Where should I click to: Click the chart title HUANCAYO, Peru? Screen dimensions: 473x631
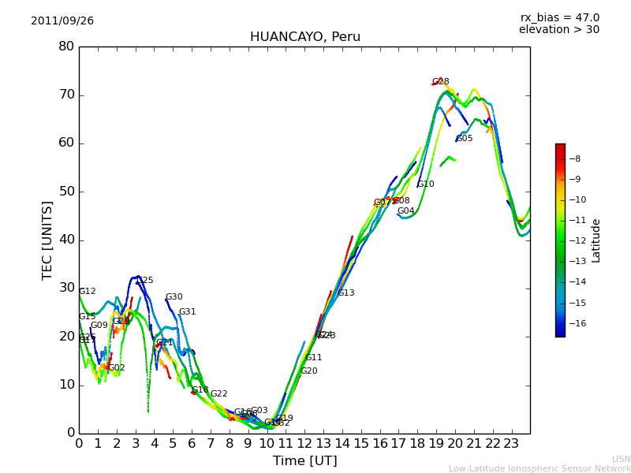point(304,37)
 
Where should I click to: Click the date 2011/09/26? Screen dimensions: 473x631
point(62,21)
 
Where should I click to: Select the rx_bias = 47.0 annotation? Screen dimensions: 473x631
point(559,18)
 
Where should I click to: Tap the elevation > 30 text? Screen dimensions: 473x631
point(558,30)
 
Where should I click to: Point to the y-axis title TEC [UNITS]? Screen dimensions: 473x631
point(48,240)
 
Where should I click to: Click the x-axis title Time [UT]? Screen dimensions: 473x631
point(304,461)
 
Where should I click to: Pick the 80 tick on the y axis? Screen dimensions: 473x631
point(66,47)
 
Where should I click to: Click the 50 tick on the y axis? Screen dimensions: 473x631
point(66,192)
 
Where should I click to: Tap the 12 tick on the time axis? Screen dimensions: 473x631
point(304,444)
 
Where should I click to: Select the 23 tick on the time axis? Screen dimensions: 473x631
point(511,444)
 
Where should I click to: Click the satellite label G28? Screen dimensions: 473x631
point(440,82)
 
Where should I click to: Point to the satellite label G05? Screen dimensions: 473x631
point(465,139)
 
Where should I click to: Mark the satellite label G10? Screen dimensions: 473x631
point(426,184)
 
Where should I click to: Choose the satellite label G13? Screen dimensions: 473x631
point(345,293)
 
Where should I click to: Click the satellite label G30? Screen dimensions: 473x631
point(174,297)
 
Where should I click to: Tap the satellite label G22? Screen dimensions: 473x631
point(218,394)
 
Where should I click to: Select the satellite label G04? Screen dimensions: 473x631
point(405,211)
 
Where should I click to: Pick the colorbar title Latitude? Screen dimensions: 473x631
point(596,240)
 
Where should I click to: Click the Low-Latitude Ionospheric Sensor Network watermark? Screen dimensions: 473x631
point(540,469)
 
